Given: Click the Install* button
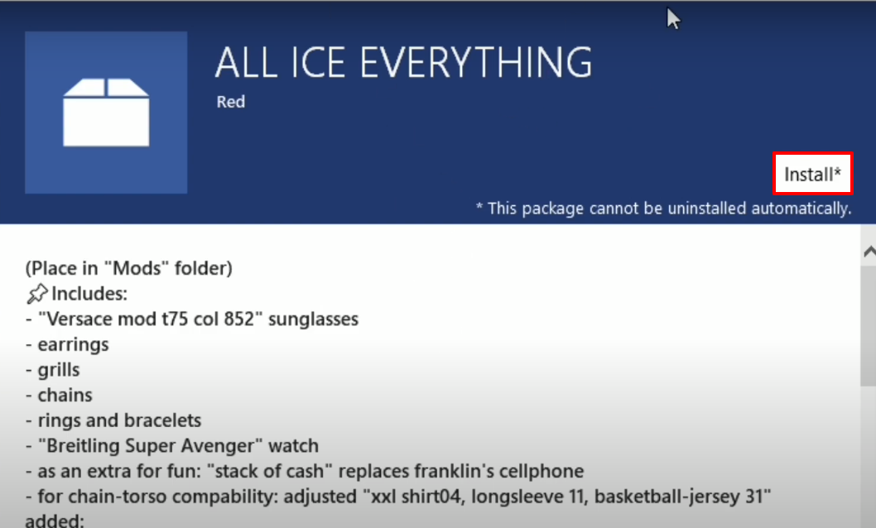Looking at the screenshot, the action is click(x=812, y=174).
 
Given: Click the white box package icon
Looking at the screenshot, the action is click(x=106, y=113).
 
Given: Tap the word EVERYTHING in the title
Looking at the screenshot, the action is click(x=475, y=62).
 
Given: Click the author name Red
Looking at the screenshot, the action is click(x=231, y=102).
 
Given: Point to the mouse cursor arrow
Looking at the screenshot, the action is click(x=673, y=18).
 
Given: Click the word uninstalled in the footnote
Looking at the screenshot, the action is click(x=707, y=209).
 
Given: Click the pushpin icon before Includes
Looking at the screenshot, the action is click(x=37, y=294).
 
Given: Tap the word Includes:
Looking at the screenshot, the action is click(x=89, y=294).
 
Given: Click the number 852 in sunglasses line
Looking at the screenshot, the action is click(x=238, y=319).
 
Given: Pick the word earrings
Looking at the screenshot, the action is click(x=73, y=345).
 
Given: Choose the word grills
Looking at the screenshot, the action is click(x=59, y=370).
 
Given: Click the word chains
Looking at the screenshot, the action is click(x=65, y=395).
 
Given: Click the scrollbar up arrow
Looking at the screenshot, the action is click(x=869, y=252).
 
